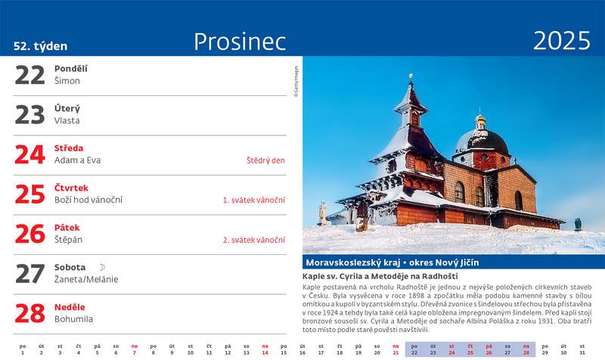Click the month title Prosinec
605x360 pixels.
[x=240, y=42]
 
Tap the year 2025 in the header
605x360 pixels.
[x=561, y=41]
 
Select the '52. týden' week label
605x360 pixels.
[x=41, y=46]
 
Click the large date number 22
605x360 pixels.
[x=29, y=75]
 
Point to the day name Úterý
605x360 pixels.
[x=67, y=108]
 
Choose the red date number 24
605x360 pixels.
[x=29, y=154]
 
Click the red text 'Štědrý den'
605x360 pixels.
[x=265, y=160]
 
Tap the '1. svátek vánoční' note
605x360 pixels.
[x=254, y=200]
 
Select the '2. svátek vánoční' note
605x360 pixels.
[x=254, y=240]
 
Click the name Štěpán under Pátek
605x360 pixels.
[x=68, y=240]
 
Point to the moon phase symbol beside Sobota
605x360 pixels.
[x=102, y=267]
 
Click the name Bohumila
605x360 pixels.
[x=73, y=319]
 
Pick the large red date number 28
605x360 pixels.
[x=29, y=313]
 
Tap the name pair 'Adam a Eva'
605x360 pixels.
[x=77, y=160]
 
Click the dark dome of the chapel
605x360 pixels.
[x=482, y=141]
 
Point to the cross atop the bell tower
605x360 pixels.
[x=411, y=77]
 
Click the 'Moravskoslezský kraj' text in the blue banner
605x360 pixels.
[x=352, y=262]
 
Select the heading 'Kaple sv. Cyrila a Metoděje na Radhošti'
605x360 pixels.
[x=380, y=276]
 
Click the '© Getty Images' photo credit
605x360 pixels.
[x=296, y=82]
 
